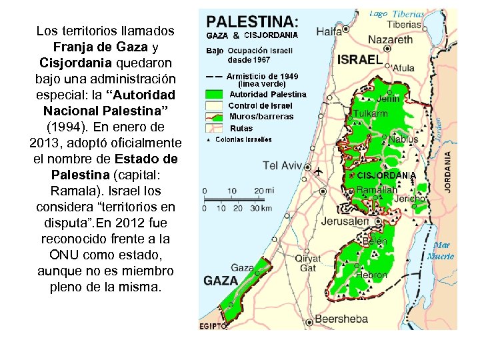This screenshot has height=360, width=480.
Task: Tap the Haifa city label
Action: pyautogui.click(x=329, y=31)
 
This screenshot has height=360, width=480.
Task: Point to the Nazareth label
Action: pyautogui.click(x=391, y=40)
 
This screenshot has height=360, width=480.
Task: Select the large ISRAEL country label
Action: pyautogui.click(x=360, y=59)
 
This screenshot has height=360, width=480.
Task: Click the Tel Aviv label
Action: pyautogui.click(x=283, y=165)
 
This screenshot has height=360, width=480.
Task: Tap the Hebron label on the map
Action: pyautogui.click(x=371, y=275)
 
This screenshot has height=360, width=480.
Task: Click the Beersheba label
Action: pyautogui.click(x=341, y=319)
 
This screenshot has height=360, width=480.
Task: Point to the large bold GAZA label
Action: pyautogui.click(x=221, y=281)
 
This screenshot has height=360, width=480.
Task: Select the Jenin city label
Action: pyautogui.click(x=389, y=99)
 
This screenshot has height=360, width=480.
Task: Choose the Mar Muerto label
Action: pyautogui.click(x=441, y=251)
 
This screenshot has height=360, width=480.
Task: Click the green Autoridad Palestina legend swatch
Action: pyautogui.click(x=215, y=95)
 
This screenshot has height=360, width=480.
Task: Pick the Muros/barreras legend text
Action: pyautogui.click(x=261, y=117)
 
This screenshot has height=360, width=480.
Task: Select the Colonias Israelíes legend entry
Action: pyautogui.click(x=243, y=139)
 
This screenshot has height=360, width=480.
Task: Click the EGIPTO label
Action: pyautogui.click(x=213, y=326)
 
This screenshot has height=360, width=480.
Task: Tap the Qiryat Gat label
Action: pyautogui.click(x=307, y=263)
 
